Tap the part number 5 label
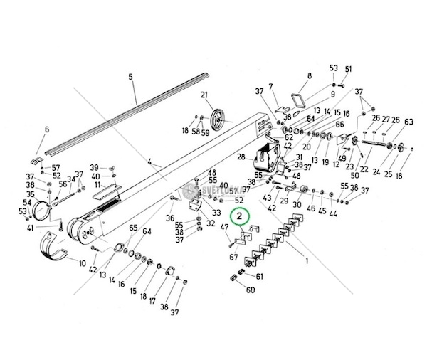click(x=130, y=76)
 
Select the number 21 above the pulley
click(x=204, y=96)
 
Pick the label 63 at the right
click(x=408, y=122)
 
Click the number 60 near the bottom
click(x=251, y=290)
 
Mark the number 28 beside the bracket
click(x=241, y=157)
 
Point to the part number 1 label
click(x=307, y=261)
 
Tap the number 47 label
click(x=225, y=227)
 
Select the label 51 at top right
click(x=349, y=68)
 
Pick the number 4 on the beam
click(x=150, y=163)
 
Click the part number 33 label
click(x=216, y=212)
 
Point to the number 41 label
click(x=30, y=228)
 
